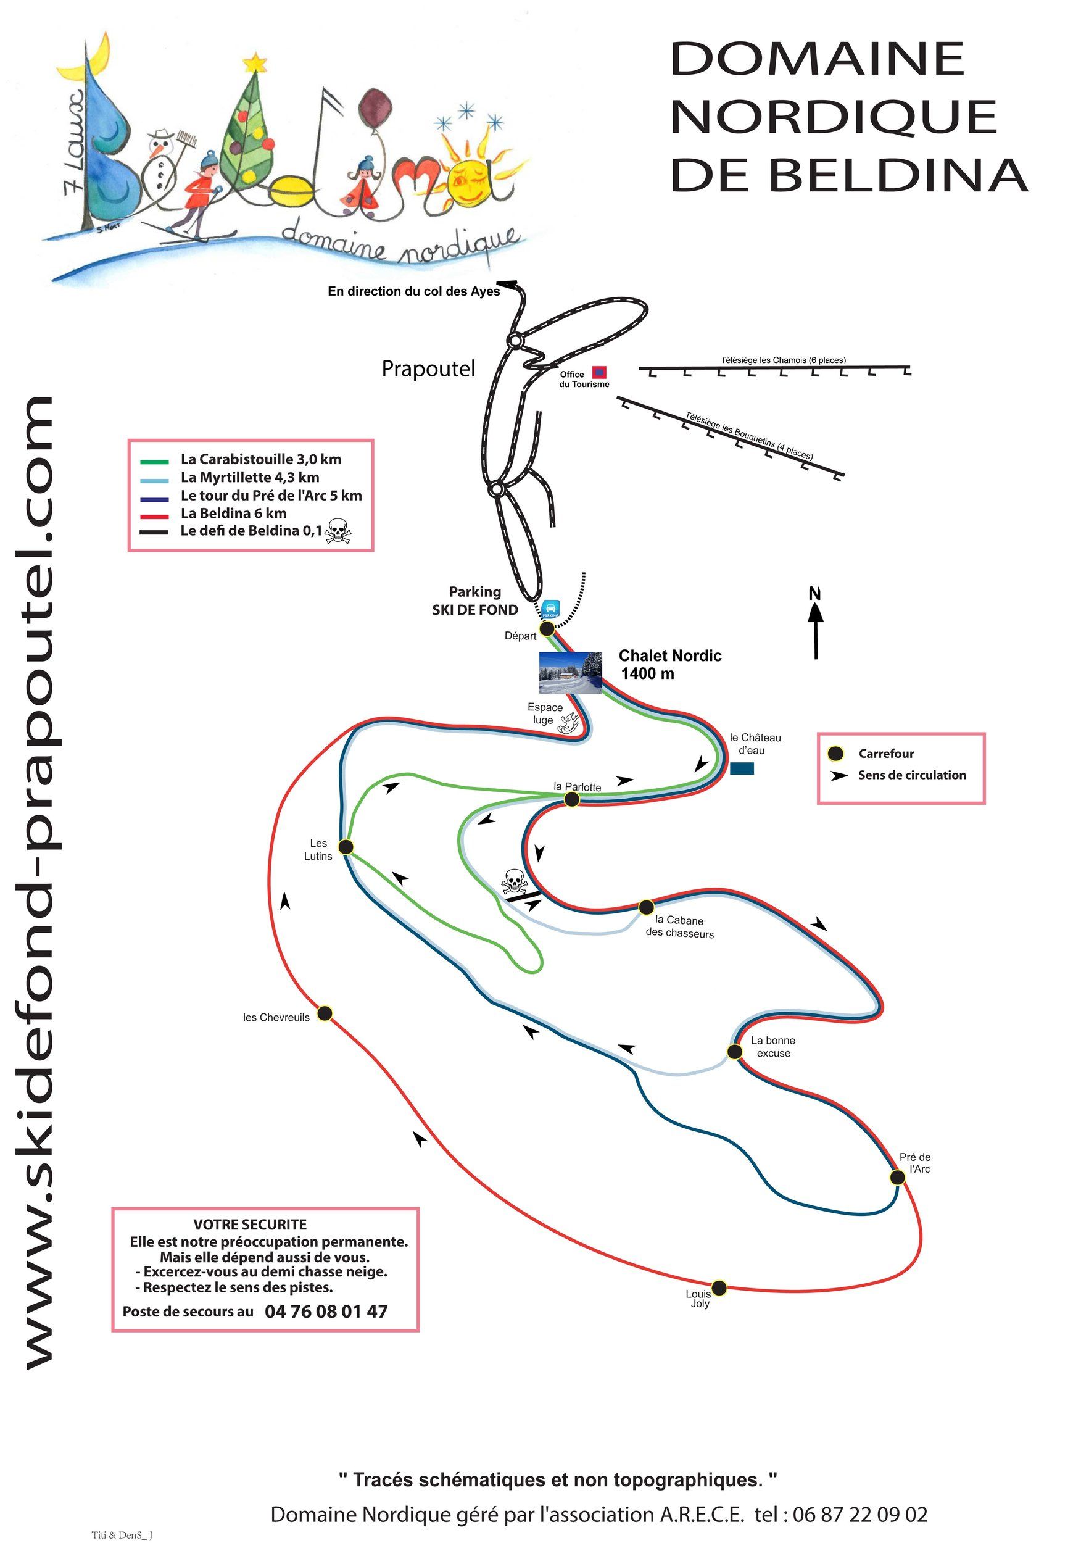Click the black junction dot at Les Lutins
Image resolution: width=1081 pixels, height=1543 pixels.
point(346,847)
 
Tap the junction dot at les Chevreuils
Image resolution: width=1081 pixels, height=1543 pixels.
point(325,1013)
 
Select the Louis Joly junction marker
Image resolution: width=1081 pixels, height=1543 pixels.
point(719,1287)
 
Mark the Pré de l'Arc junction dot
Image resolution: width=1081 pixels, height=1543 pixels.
point(897,1177)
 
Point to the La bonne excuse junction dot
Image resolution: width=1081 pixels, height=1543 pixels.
point(735,1052)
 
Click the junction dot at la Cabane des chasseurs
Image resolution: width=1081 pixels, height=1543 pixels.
point(645,907)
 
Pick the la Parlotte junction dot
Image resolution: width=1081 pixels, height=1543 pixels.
point(571,799)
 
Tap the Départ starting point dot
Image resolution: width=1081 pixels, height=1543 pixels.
point(547,628)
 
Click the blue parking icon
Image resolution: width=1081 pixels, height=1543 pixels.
point(550,609)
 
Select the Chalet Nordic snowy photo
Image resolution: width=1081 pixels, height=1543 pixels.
point(570,672)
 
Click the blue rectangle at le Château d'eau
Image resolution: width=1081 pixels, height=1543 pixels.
point(742,768)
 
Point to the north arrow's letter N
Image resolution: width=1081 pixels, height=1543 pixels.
point(815,593)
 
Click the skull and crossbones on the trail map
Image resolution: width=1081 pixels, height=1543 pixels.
point(514,881)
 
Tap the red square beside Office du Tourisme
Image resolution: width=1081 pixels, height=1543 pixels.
point(599,372)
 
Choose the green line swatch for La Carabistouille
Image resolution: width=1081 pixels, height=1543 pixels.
point(154,462)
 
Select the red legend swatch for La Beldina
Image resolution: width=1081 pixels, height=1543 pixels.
point(154,517)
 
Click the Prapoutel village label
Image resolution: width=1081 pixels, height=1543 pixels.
point(428,369)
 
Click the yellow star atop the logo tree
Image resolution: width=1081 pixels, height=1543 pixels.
point(255,63)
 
